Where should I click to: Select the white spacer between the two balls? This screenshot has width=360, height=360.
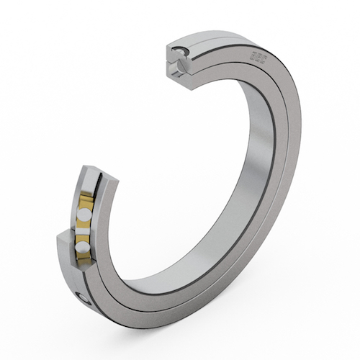point(85,232)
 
